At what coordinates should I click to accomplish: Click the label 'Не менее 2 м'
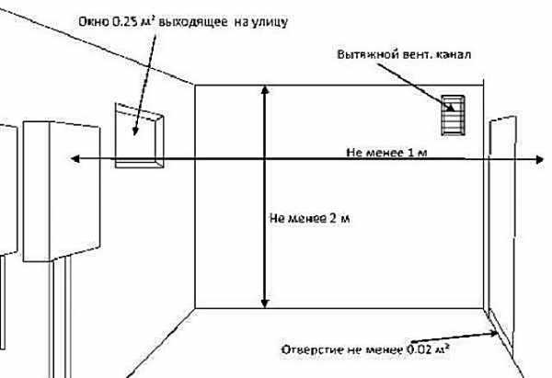312,219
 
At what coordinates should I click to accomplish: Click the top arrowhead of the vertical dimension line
265,90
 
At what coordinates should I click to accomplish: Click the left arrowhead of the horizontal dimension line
65,159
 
